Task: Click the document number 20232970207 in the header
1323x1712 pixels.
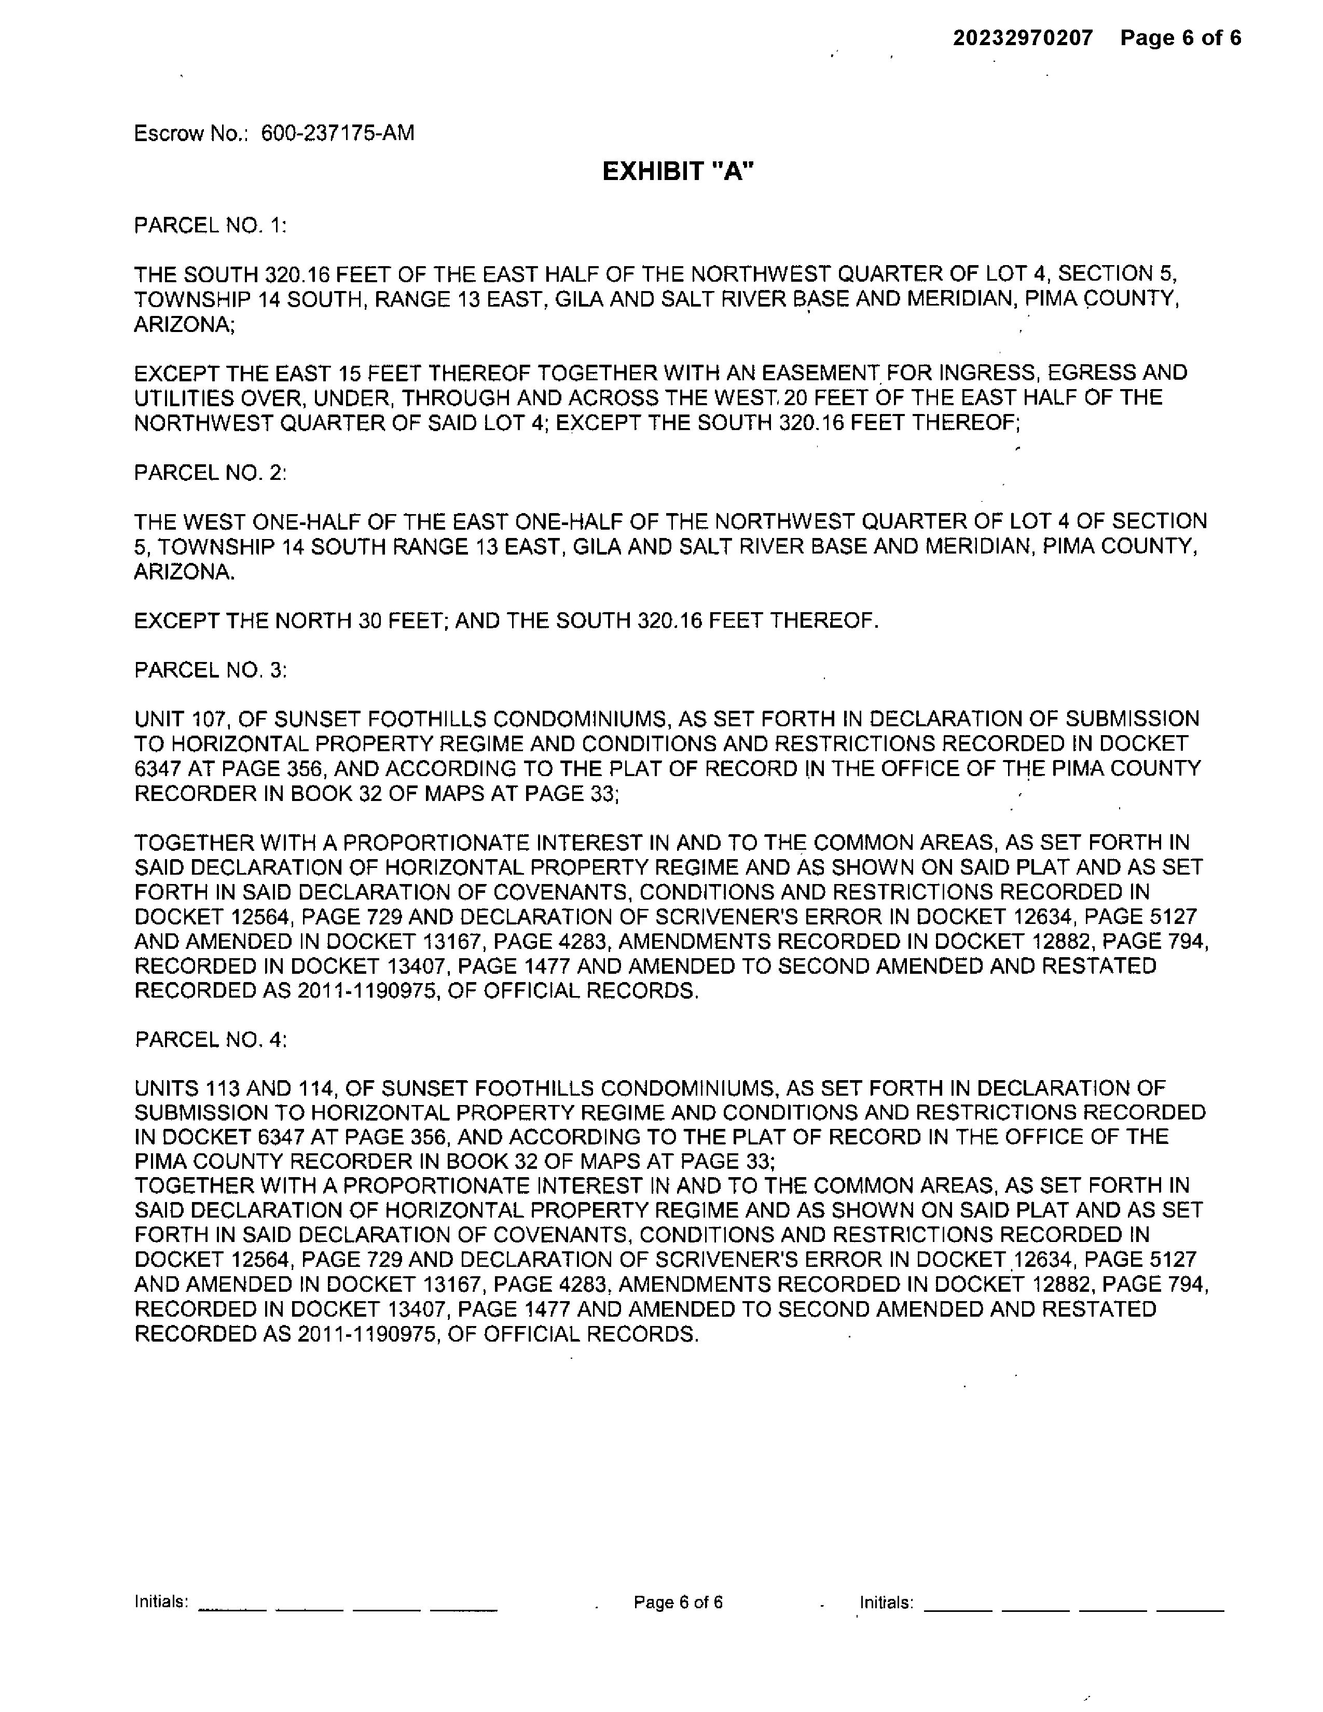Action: click(x=1022, y=38)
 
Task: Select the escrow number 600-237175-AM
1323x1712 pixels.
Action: click(x=337, y=133)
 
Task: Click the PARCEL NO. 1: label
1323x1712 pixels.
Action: click(x=210, y=226)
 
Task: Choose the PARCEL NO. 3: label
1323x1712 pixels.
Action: click(x=210, y=670)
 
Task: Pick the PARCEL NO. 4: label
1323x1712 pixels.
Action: click(x=210, y=1040)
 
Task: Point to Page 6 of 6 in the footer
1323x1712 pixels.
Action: click(x=678, y=1602)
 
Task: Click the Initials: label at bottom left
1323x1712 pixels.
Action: click(x=161, y=1601)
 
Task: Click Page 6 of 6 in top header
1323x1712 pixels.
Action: click(x=1180, y=38)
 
